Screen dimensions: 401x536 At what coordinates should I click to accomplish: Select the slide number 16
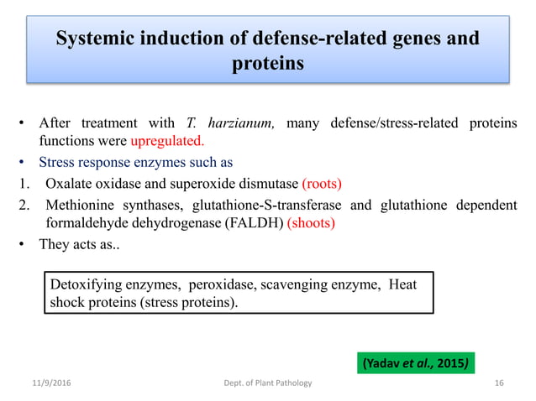[499, 383]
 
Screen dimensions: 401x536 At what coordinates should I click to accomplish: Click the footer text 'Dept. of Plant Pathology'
[263, 383]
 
